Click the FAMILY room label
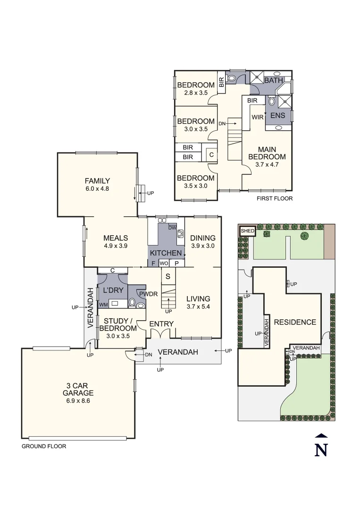pos(97,181)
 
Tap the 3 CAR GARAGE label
pos(78,389)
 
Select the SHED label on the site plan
pos(248,231)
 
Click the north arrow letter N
pos(321,450)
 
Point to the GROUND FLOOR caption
pos(44,446)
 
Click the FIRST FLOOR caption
pos(275,199)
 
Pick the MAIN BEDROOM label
pos(267,153)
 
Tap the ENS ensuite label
pos(278,115)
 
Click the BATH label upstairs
pos(273,81)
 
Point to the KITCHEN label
pos(166,253)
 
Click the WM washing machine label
pos(103,305)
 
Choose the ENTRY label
pos(161,324)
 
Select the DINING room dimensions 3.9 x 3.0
pos(203,246)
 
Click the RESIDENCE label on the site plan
pos(295,322)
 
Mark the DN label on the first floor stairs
pos(221,123)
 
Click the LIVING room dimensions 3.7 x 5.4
pos(198,307)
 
